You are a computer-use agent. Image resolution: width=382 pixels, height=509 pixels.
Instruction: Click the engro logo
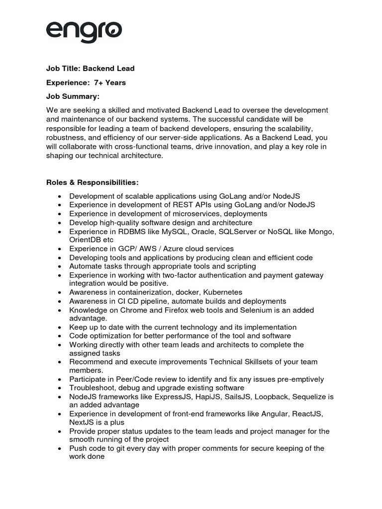pos(84,31)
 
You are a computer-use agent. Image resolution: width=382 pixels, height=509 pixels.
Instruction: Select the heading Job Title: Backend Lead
pos(91,68)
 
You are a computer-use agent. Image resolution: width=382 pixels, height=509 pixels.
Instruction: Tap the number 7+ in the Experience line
pos(98,83)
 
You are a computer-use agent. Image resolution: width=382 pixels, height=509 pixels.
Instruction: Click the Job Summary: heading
pos(73,96)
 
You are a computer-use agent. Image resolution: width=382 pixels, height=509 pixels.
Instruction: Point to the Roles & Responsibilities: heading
pos(93,182)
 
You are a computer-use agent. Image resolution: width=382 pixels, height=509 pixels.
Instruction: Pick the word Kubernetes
pos(219,292)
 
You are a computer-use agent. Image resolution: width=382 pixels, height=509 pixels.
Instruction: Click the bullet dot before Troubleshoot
pos(60,388)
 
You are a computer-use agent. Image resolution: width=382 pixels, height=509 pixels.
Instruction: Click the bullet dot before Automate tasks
pos(60,266)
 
